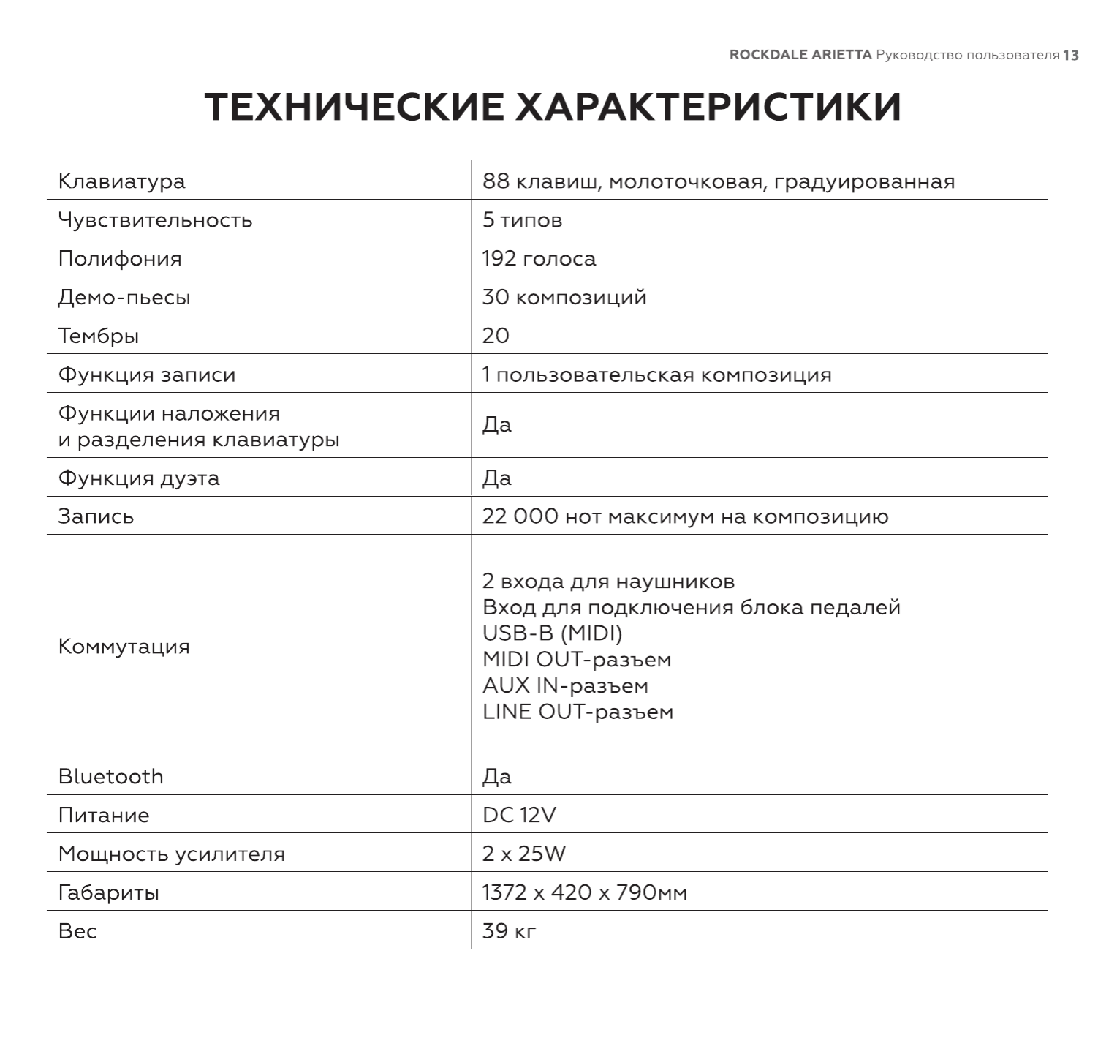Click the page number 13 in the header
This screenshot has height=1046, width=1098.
tap(1071, 56)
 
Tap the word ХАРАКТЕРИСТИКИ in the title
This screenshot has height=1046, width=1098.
tap(708, 107)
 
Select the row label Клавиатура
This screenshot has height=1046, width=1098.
tap(121, 181)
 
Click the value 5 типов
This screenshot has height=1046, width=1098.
tap(522, 220)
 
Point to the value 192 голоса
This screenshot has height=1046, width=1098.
tap(539, 259)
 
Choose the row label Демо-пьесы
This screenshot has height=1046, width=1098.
tap(124, 298)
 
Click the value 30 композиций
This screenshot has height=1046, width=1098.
tap(564, 298)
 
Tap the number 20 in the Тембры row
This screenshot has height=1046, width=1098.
tap(496, 336)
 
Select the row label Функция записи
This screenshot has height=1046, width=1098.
tap(147, 375)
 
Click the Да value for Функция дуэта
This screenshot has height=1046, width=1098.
tap(497, 478)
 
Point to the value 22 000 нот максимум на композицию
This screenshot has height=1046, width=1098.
tap(685, 517)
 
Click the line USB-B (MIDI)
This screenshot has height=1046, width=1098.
tap(552, 633)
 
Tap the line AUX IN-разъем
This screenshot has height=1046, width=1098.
tap(565, 686)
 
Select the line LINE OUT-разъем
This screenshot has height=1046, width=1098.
tap(578, 712)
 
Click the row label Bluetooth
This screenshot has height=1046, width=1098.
tap(110, 777)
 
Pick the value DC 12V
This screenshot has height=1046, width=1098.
tap(519, 815)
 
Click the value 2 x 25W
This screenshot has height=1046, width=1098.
tap(523, 854)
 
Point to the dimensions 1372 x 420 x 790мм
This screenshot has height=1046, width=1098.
tap(585, 892)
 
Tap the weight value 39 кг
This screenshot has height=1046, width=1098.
tap(510, 931)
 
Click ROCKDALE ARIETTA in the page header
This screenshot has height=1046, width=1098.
tap(800, 56)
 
